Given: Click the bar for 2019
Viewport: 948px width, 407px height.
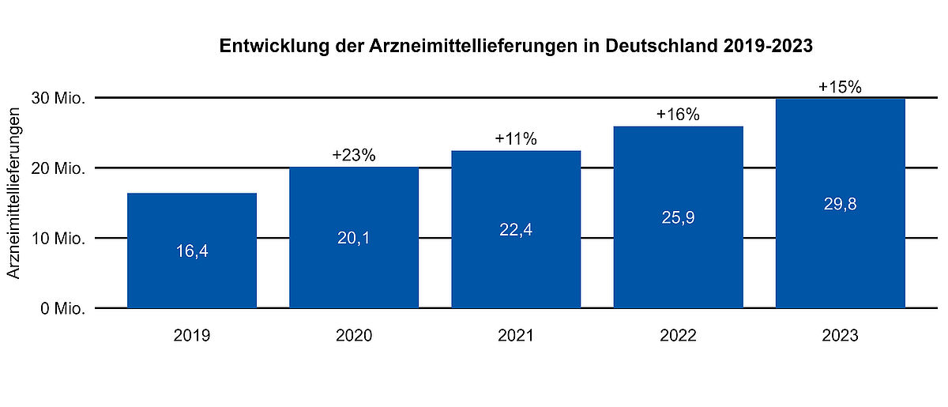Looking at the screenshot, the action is coord(192,251).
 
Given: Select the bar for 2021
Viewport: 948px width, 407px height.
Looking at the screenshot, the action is coord(516,229).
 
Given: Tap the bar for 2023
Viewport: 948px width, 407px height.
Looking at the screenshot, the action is coord(840,204).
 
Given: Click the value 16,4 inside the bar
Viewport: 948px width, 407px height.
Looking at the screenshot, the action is coord(192,251).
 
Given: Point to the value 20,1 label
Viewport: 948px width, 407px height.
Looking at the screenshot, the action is coord(354,238).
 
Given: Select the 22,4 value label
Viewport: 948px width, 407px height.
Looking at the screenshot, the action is coord(516,230).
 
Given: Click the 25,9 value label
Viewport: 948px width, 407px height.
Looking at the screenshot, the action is coord(678,217).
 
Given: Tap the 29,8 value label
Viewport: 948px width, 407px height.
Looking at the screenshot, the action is coord(840,204).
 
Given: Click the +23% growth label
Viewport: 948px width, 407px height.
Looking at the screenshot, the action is coord(354,156).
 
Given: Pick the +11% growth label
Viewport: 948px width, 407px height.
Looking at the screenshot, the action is coord(516,139).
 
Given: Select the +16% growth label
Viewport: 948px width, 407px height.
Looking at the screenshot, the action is coord(678,115).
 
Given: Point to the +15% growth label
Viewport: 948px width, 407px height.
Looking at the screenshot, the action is coord(840,87).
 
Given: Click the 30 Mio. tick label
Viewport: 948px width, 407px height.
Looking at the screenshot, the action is coord(58,98).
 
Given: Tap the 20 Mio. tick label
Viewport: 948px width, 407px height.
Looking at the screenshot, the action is coord(58,168).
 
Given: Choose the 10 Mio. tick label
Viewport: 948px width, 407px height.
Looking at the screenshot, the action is coord(58,239).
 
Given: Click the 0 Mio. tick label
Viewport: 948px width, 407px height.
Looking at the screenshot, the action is coord(63,309).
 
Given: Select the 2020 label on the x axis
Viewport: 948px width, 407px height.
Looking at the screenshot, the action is coord(354,335).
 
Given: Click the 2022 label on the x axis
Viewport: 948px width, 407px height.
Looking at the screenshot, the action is coord(678,335).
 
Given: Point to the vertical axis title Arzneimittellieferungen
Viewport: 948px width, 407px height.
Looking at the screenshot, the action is coord(13,193).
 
